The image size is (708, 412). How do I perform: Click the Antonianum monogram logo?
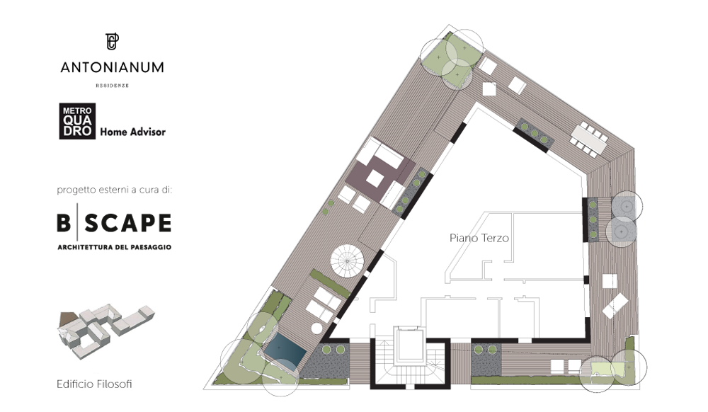point(112,42)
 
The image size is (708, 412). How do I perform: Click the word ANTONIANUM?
point(113,68)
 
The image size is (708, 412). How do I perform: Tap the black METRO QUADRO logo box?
point(77,121)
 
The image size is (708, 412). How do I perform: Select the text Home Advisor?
point(133,132)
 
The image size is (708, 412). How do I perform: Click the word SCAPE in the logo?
point(128,223)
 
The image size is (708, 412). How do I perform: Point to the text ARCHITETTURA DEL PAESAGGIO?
point(114,247)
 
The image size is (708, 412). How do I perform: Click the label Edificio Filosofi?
point(94,384)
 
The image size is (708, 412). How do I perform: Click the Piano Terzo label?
point(479,238)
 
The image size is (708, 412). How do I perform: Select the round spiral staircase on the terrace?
point(347,261)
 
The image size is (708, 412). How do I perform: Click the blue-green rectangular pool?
point(285,349)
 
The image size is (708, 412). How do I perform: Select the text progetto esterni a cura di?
point(115,190)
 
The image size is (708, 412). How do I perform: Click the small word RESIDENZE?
point(113,85)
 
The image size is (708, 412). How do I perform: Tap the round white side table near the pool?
point(317,328)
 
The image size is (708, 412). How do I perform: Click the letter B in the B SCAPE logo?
point(64,223)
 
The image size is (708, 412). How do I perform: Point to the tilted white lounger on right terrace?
point(615,306)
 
